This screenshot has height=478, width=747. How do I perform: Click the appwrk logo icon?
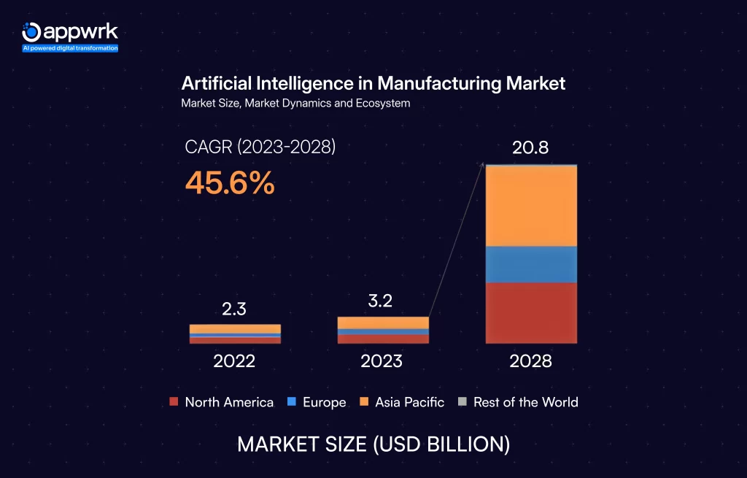point(31,31)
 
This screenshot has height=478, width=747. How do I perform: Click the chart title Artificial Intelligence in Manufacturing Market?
point(373,83)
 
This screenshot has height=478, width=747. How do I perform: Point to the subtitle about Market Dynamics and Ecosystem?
point(295,104)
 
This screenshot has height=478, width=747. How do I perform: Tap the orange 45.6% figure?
point(230,183)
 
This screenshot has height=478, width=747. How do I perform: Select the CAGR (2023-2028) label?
point(260,147)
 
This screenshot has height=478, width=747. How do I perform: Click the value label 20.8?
point(530,149)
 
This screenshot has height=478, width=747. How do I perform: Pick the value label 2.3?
point(234,309)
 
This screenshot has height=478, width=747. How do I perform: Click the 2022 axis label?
point(234,361)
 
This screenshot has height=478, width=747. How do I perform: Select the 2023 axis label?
point(382,361)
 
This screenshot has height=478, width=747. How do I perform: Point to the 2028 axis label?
point(531,361)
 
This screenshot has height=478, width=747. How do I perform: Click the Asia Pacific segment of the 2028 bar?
point(531,206)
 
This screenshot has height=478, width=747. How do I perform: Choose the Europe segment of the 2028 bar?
point(531,264)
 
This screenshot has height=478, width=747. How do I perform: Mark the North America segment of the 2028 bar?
point(531,312)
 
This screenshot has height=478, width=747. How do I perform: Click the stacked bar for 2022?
point(235,334)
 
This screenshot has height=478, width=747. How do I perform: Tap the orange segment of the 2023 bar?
point(382,323)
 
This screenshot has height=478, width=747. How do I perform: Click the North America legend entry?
point(222,402)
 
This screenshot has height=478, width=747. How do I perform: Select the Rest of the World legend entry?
point(518,402)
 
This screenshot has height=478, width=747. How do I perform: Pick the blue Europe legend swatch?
point(291,402)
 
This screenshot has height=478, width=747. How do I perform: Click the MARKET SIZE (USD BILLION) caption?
point(373,444)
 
